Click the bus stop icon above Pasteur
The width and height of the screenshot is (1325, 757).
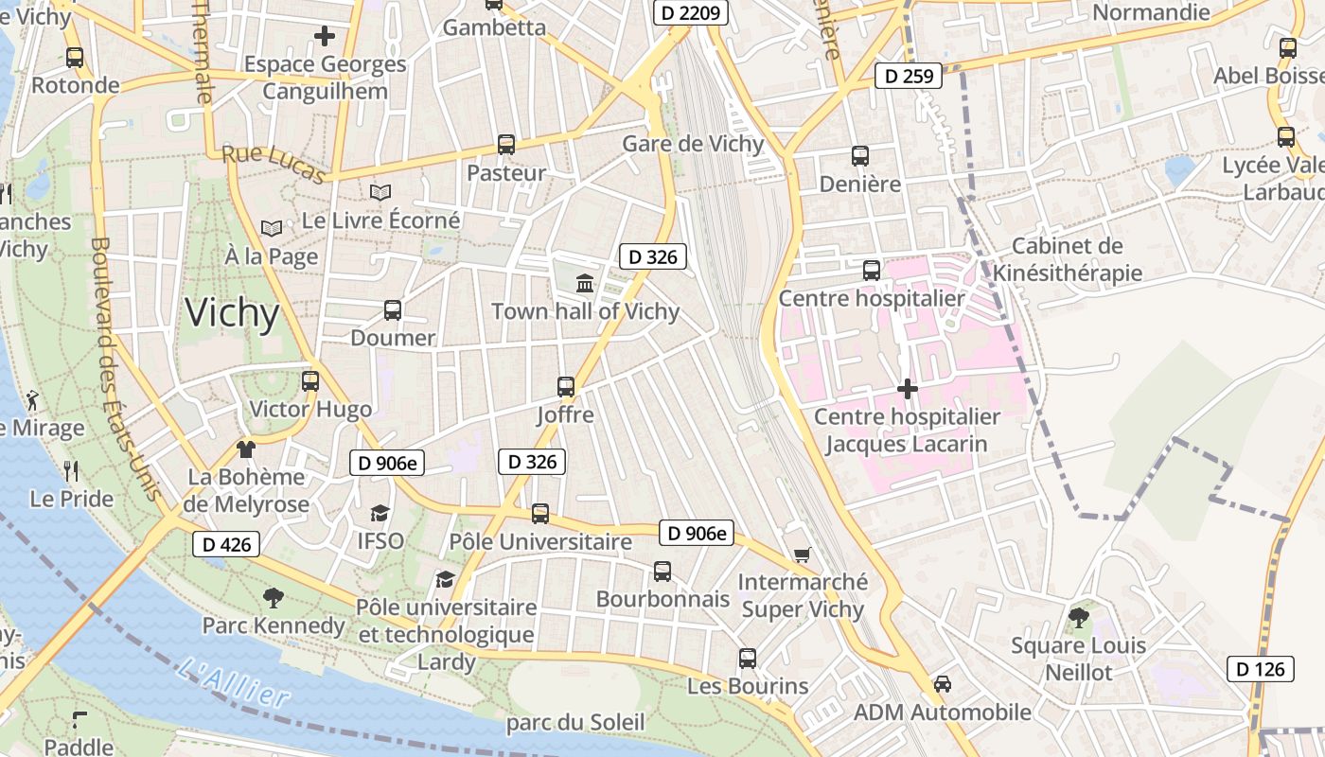click(x=506, y=145)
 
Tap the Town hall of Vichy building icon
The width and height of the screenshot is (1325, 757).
click(x=585, y=283)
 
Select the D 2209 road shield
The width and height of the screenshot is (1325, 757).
click(x=690, y=13)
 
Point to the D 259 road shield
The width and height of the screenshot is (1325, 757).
click(x=908, y=76)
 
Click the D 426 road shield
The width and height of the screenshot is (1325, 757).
click(x=226, y=544)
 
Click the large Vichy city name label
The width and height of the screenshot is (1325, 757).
click(x=233, y=313)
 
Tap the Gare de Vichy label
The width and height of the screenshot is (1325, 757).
click(x=693, y=144)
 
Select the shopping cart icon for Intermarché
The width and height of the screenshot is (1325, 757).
click(x=803, y=555)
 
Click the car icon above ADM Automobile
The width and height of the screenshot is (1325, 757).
click(x=943, y=683)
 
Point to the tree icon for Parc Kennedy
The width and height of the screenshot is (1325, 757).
click(x=274, y=597)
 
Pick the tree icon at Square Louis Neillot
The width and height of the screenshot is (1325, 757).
click(x=1078, y=618)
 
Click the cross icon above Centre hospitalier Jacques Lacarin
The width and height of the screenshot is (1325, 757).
click(x=907, y=389)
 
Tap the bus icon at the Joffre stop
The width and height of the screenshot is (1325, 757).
click(x=566, y=386)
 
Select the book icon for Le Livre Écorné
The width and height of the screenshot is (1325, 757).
click(x=380, y=193)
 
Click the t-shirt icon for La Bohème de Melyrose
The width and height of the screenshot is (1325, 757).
click(x=246, y=449)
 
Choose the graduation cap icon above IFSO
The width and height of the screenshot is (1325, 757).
click(x=380, y=513)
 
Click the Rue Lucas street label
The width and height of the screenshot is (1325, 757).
click(x=274, y=164)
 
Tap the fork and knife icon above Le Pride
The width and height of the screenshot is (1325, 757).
click(x=71, y=470)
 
